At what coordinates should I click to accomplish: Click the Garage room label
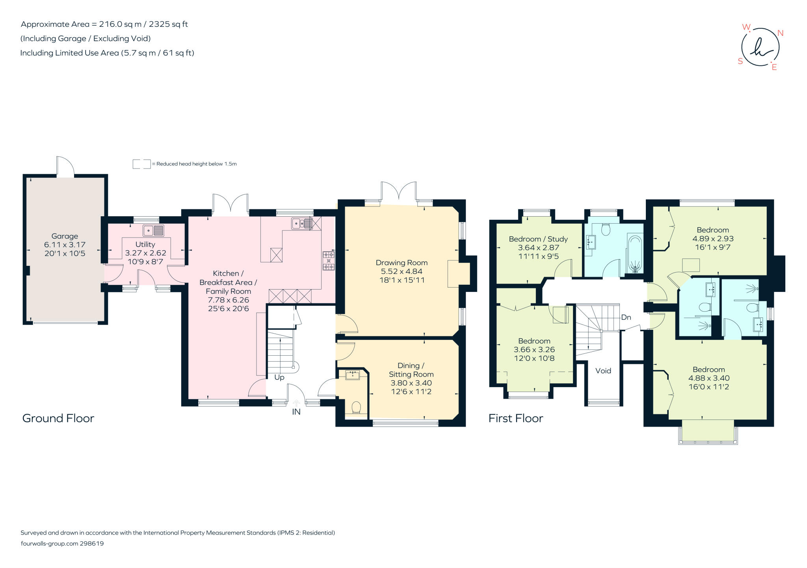coord(65,236)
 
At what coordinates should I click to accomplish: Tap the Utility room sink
coord(153,230)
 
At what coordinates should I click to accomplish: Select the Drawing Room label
coord(402,263)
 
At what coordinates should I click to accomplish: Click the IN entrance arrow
coord(296,403)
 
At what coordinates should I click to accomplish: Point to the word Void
coord(603,371)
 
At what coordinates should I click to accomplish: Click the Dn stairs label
coord(626,317)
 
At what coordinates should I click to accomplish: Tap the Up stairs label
coord(279,377)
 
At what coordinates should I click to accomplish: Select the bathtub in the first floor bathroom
coord(635,254)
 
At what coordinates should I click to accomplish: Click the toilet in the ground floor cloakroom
coord(356,407)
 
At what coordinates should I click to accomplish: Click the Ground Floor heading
coord(58,418)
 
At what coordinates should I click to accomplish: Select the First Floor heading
coord(516,418)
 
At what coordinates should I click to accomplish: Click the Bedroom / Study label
coord(538,239)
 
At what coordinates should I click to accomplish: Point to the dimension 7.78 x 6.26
coord(229,300)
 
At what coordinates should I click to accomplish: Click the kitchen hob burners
coord(329,261)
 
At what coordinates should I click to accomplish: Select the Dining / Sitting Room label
coord(411,370)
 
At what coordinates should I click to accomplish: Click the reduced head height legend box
coord(141,164)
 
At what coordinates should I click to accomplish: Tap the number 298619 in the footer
coord(92,544)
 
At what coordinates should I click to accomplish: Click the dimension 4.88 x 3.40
coord(709,378)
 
